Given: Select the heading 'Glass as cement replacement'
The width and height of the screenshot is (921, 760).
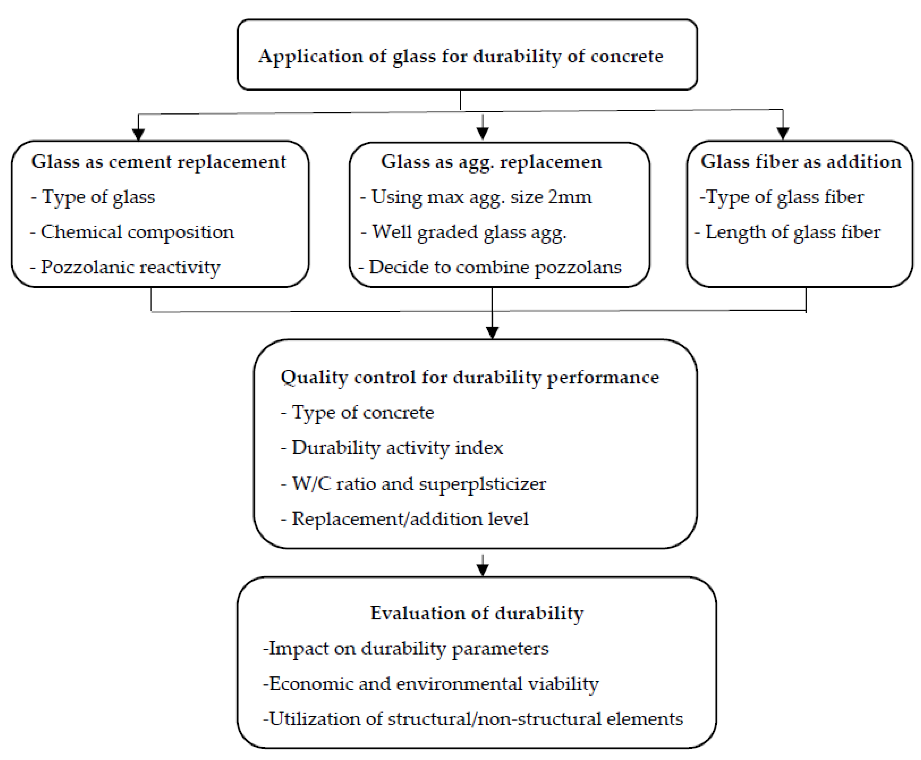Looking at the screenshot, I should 158,162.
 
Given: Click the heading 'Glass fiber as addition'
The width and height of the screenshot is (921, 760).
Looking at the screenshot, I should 801,162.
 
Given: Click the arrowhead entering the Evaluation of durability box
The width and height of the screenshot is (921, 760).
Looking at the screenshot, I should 482,570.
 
